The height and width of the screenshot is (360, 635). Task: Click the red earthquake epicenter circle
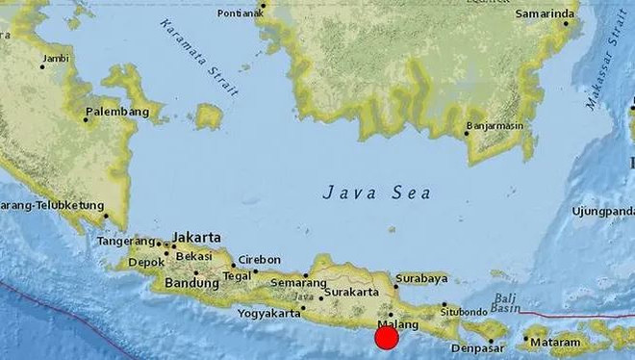387,338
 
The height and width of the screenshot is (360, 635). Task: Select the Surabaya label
421,278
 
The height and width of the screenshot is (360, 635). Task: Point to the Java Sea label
375,193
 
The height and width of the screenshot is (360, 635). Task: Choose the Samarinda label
546,14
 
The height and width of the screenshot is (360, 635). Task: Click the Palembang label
117,113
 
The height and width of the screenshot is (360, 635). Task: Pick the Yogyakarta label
268,313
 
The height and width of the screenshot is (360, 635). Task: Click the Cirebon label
260,260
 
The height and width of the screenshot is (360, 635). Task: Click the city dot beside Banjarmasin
467,134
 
